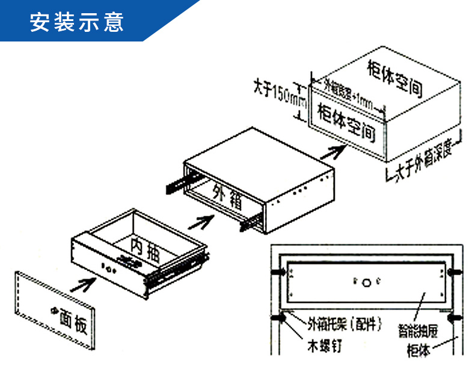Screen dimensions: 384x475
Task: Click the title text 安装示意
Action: tap(77, 22)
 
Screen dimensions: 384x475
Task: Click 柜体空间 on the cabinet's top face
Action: tap(394, 78)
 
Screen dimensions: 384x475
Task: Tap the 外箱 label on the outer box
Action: tap(227, 195)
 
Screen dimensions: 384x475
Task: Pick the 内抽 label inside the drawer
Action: tap(144, 249)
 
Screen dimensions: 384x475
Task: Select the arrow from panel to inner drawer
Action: tap(86, 282)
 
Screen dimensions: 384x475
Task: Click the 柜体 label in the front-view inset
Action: tap(418, 350)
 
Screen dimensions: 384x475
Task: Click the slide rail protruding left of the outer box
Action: tap(177, 182)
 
